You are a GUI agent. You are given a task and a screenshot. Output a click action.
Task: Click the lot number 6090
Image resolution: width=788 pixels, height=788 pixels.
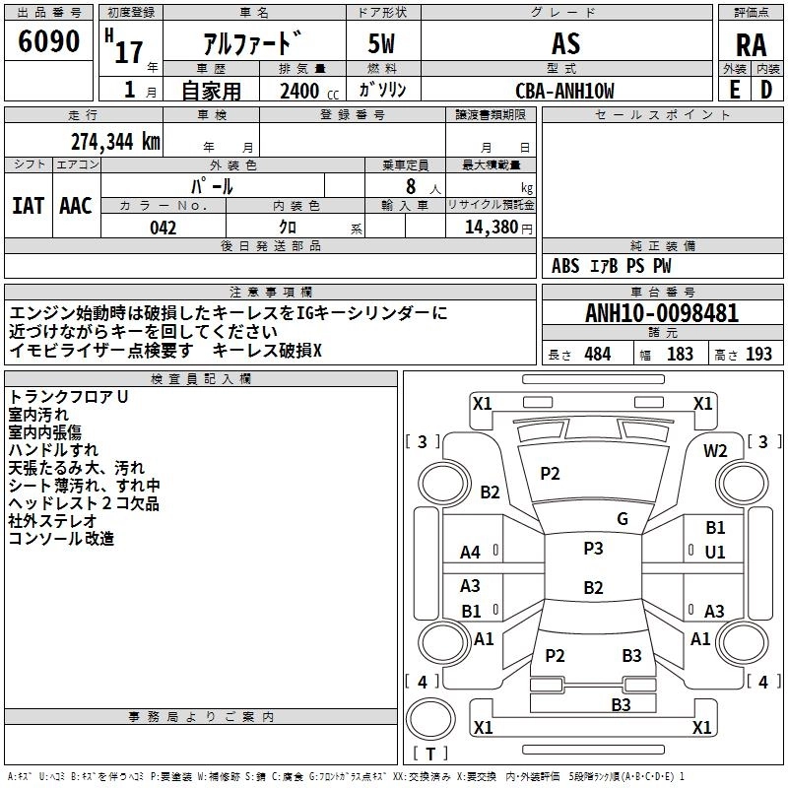[x=49, y=43]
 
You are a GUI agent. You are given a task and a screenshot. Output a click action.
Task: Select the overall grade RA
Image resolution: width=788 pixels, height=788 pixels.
[x=751, y=45]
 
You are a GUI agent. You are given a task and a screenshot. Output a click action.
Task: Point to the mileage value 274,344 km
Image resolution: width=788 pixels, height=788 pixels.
[x=115, y=141]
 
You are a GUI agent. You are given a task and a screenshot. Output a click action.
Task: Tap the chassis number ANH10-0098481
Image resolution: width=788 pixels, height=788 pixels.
[x=662, y=314]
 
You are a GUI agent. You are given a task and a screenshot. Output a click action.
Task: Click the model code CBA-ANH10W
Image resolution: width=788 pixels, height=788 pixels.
[x=564, y=92]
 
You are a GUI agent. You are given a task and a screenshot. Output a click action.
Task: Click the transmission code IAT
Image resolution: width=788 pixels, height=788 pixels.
[x=28, y=206]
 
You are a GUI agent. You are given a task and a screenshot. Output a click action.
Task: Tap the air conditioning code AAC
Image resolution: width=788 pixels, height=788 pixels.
[x=76, y=206]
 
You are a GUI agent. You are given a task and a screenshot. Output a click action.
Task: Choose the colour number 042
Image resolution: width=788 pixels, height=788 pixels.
[x=164, y=228]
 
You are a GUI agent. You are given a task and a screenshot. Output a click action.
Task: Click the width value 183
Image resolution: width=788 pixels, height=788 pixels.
[x=680, y=355]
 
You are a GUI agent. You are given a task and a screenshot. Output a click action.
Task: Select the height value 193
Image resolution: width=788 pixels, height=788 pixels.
[x=758, y=355]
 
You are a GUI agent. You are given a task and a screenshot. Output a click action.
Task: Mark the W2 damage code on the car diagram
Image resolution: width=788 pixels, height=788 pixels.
[x=715, y=451]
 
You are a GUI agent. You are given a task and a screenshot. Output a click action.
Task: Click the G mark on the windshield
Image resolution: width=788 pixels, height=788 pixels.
[x=623, y=519]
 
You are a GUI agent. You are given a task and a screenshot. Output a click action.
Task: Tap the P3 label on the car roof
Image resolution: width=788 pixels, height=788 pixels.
[x=593, y=549]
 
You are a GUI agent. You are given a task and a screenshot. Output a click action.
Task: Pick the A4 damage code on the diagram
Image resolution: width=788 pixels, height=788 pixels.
[x=471, y=553]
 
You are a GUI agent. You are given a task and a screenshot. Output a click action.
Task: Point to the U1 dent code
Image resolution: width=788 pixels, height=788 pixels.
[x=715, y=553]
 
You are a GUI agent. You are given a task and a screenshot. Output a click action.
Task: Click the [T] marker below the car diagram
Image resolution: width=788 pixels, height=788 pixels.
[x=430, y=755]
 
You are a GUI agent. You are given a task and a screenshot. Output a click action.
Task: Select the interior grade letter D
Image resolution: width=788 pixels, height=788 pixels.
[x=765, y=90]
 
